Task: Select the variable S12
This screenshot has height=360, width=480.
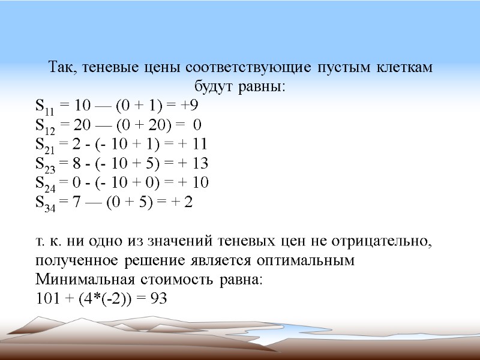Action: coord(45,126)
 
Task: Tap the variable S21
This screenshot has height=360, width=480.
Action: coord(45,145)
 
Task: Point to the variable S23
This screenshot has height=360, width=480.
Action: coord(46,163)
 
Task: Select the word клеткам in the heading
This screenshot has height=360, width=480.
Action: coord(404,68)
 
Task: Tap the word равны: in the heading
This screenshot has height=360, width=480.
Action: coord(259,87)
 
